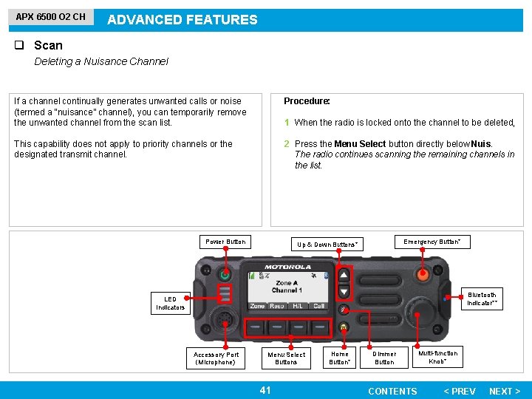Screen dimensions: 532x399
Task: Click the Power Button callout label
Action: coord(225,242)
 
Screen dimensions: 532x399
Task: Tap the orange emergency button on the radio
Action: coord(423,275)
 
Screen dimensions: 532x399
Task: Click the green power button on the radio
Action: coord(225,275)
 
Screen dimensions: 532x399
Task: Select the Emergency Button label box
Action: coord(436,242)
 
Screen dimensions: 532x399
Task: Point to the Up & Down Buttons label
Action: coord(327,245)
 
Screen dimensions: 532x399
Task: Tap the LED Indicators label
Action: coord(170,304)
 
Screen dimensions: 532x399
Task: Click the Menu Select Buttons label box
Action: coord(286,358)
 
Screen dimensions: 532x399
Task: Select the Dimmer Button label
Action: coord(384,358)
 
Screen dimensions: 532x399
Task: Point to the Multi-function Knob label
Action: coord(438,358)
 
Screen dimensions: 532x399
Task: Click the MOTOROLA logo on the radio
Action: coord(287,267)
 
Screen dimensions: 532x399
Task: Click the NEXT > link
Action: coord(505,391)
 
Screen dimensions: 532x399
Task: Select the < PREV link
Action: coord(459,391)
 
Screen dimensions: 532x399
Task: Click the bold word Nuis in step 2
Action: coord(481,144)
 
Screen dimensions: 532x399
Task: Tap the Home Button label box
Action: coord(340,358)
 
